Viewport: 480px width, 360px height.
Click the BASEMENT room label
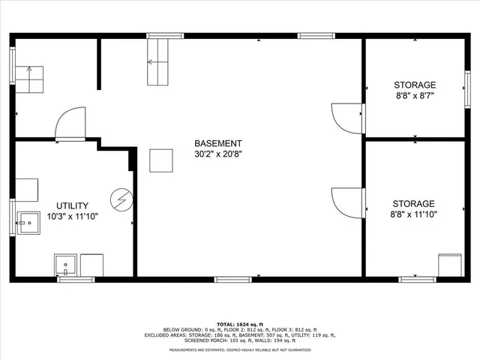pyautogui.click(x=217, y=143)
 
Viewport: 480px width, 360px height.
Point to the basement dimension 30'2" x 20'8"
pyautogui.click(x=217, y=154)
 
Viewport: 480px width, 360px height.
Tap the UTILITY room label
pyautogui.click(x=72, y=205)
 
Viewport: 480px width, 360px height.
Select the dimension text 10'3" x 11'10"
pyautogui.click(x=72, y=216)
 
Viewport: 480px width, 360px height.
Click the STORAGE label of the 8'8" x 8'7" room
pyautogui.click(x=415, y=85)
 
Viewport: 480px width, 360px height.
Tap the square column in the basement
pyautogui.click(x=161, y=160)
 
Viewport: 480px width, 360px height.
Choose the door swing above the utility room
pyautogui.click(x=71, y=124)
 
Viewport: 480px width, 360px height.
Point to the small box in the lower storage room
pyautogui.click(x=450, y=265)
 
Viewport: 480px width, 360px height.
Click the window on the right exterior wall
pyautogui.click(x=467, y=82)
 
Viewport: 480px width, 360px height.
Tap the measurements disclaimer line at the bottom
pyautogui.click(x=239, y=350)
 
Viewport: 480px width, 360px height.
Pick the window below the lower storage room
pyautogui.click(x=417, y=280)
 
